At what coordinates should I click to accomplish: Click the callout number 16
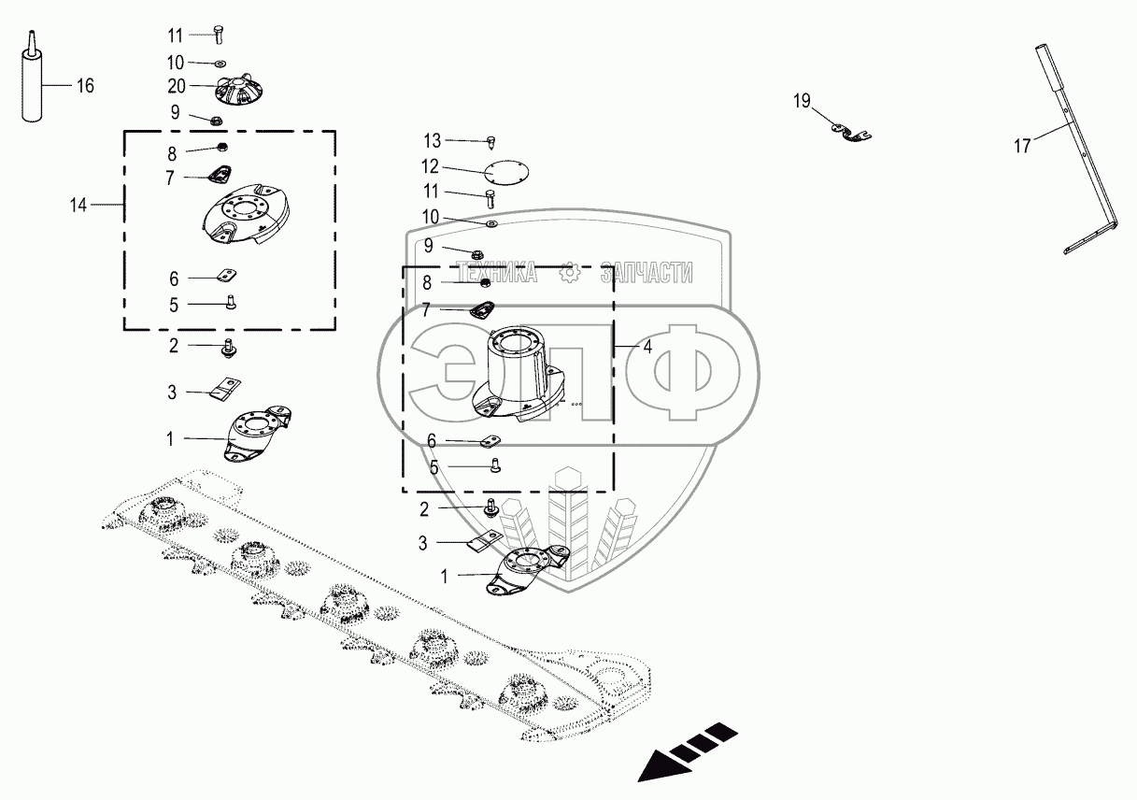(x=85, y=86)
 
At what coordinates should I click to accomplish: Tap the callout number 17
(x=1023, y=146)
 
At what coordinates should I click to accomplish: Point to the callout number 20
(x=177, y=85)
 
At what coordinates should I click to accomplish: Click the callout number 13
(x=431, y=140)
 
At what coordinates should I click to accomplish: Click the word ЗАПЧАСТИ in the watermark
(x=647, y=272)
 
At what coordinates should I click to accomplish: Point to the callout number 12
(x=430, y=167)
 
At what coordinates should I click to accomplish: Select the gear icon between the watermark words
(x=570, y=272)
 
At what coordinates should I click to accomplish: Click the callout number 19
(x=803, y=101)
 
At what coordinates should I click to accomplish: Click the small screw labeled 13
(x=490, y=142)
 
